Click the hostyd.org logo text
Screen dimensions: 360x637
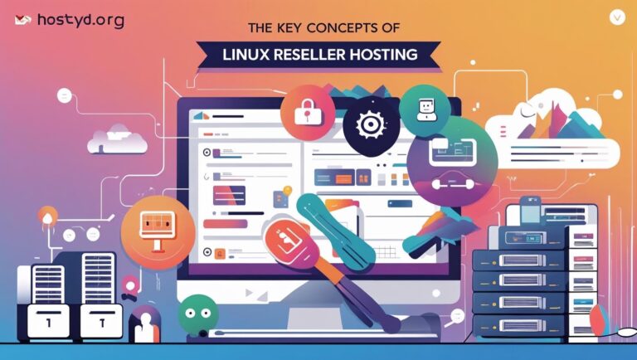[x=80, y=21]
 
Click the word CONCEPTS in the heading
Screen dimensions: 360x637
[x=325, y=27]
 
